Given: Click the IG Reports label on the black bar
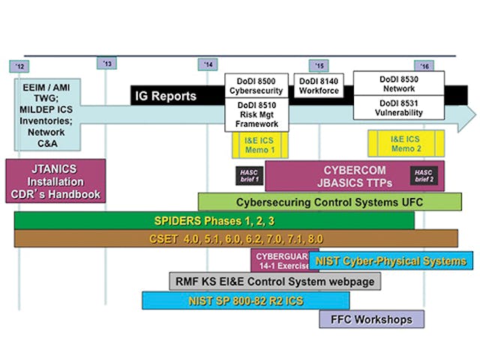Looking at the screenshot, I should coord(165,95).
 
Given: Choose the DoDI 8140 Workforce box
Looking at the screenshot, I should coord(319,84).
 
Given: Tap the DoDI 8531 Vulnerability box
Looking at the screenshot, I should coord(399,108).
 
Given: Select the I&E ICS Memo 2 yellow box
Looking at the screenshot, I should coord(406,142).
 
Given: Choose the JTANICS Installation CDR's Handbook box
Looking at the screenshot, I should coord(53,181).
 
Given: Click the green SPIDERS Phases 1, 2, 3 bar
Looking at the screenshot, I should coord(214,220).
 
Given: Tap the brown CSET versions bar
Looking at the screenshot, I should coord(235,238).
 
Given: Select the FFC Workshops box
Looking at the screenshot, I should coord(371,319).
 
